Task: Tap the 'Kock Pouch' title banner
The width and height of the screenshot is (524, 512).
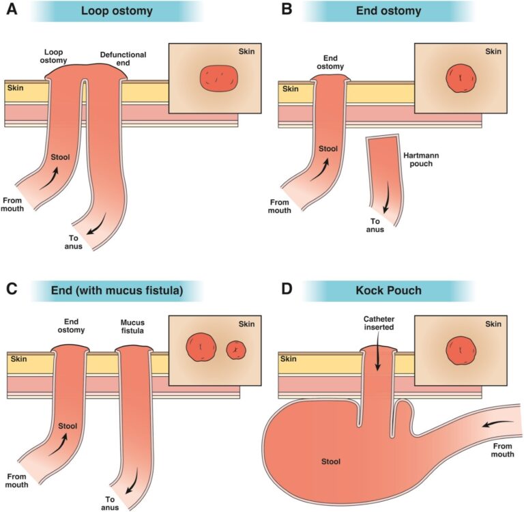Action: pos(390,290)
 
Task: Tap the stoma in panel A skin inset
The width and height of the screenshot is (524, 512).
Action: pos(218,79)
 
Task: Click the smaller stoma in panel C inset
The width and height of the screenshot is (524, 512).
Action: pos(235,350)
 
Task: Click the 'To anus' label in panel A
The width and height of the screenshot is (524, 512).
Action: pos(74,242)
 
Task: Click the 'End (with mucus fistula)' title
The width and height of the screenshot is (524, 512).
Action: pos(117,290)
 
